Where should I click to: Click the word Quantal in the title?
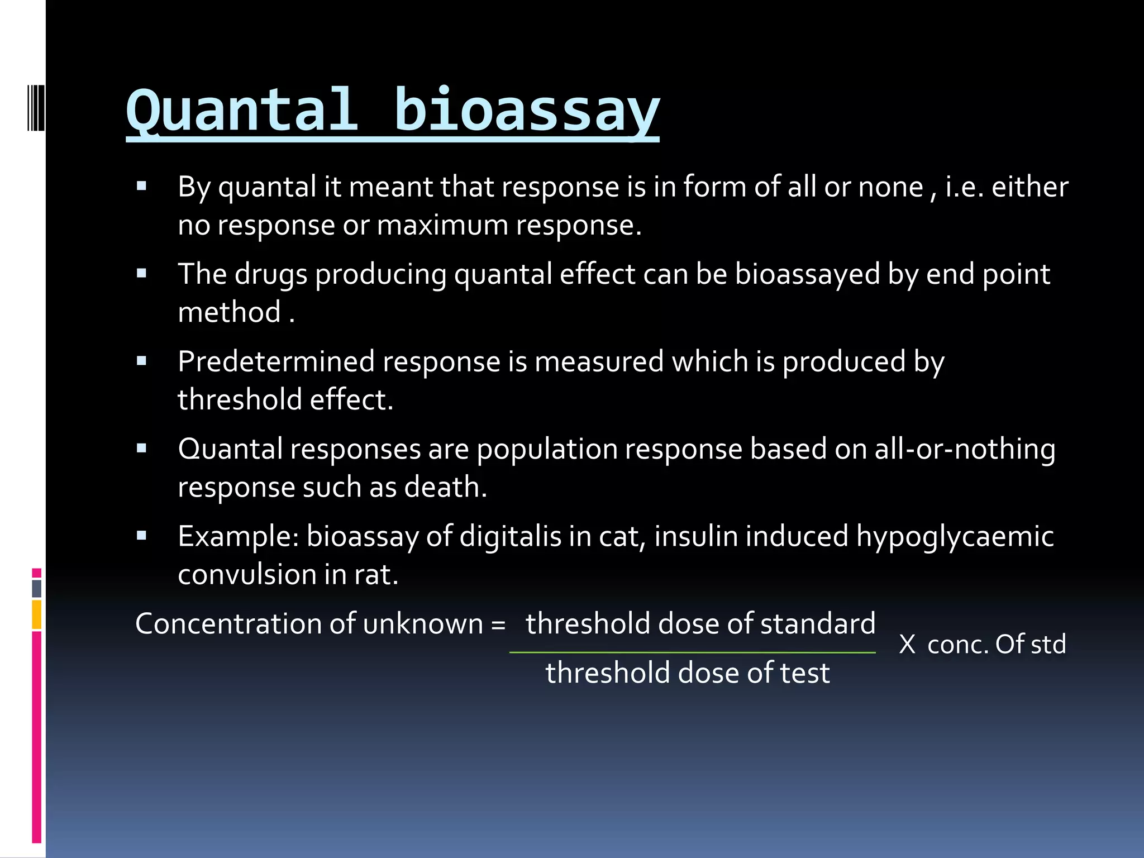(x=241, y=111)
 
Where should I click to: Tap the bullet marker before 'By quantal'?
(x=141, y=186)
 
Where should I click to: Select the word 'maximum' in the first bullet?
(x=442, y=225)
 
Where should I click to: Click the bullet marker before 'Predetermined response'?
(x=141, y=361)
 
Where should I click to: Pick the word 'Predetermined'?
(x=276, y=361)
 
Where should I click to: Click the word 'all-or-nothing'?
(x=965, y=449)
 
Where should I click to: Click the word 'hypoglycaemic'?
(x=955, y=536)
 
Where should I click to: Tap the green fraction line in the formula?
(x=692, y=652)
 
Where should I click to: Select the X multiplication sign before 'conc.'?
(x=907, y=645)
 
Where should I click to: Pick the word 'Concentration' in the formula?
(x=228, y=624)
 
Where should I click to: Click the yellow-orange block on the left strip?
(x=37, y=614)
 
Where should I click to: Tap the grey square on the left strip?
(x=37, y=588)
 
